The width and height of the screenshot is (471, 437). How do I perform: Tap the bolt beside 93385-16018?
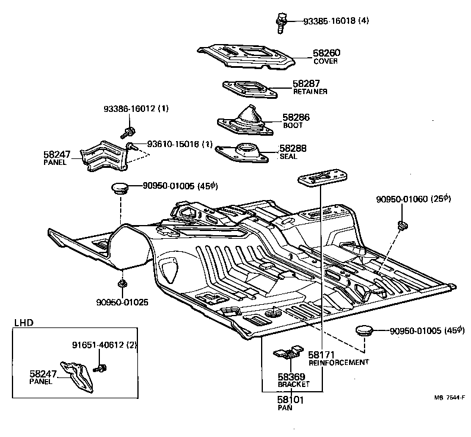tap(281, 21)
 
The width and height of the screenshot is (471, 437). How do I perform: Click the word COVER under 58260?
tap(325, 61)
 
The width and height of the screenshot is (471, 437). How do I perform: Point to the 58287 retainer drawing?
tap(250, 89)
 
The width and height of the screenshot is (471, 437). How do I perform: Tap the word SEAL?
tap(288, 157)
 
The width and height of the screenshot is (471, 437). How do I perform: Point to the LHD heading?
tap(24, 323)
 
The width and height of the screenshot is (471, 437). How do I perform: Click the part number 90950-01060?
tap(404, 198)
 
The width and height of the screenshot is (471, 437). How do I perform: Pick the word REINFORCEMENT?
tap(338, 362)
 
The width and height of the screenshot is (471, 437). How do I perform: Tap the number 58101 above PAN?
tap(291, 400)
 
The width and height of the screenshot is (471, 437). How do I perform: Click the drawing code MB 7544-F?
tap(449, 398)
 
